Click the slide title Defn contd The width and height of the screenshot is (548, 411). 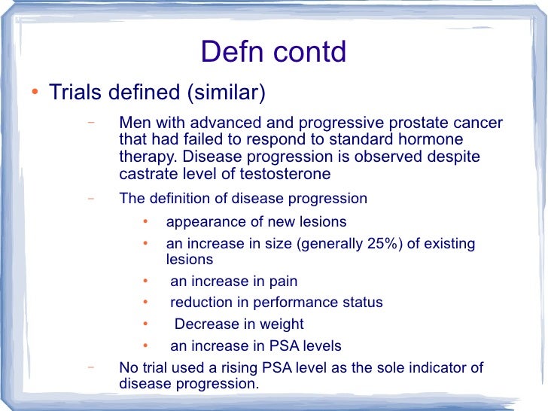(273, 53)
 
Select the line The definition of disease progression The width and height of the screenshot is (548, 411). (243, 199)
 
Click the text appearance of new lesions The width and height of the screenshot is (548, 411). (256, 222)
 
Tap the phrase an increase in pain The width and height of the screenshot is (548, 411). (233, 282)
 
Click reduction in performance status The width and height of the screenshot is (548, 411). (276, 303)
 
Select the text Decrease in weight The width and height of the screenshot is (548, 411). (239, 324)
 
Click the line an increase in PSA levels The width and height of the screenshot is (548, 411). (256, 346)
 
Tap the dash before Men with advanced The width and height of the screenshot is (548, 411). (90, 122)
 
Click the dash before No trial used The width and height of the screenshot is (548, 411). (90, 367)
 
